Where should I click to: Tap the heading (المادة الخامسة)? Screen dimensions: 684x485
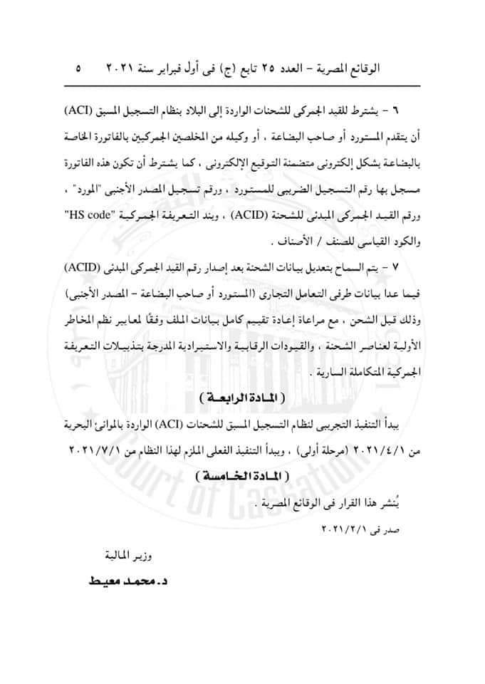(x=242, y=474)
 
